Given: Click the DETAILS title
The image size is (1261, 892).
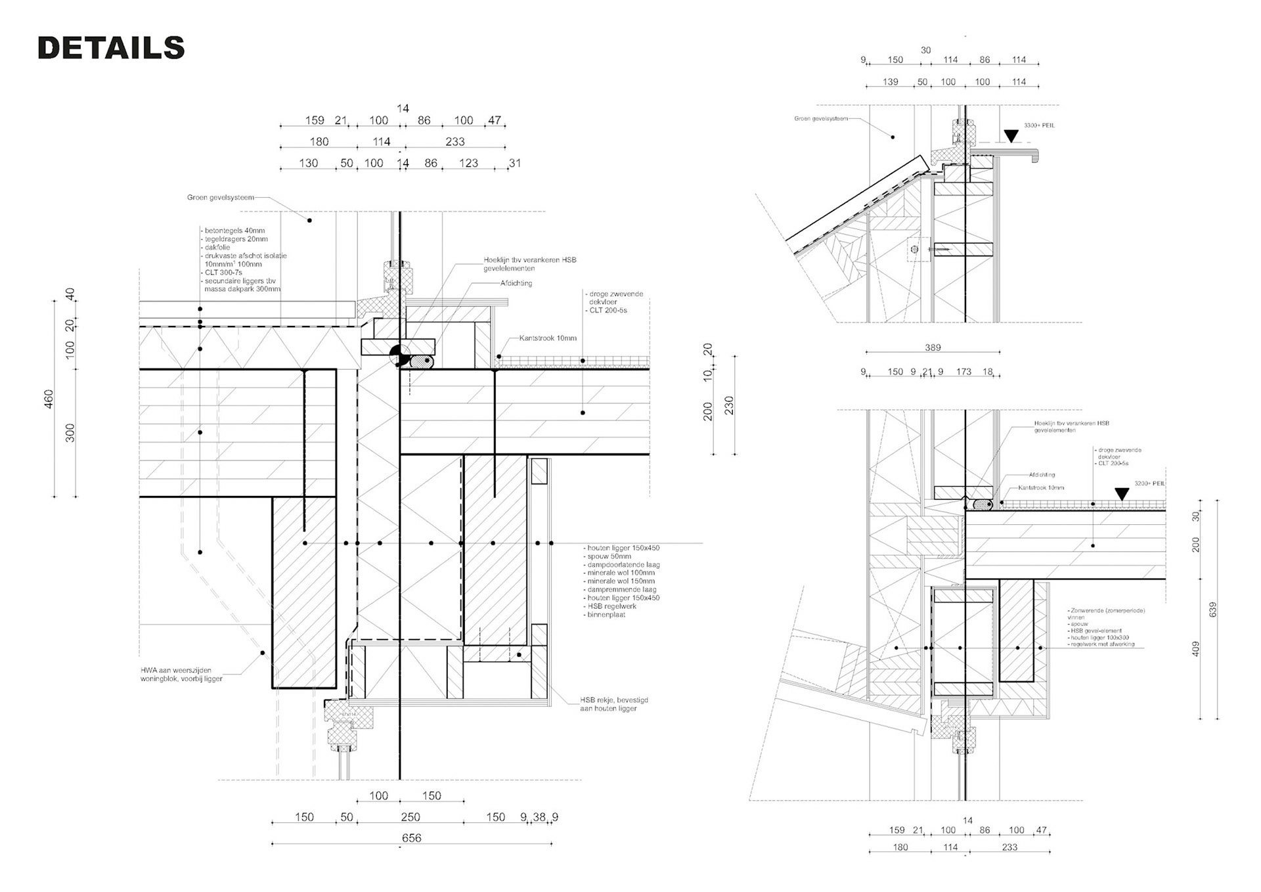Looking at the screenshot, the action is [111, 48].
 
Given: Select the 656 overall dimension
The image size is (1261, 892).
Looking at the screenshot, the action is [411, 837].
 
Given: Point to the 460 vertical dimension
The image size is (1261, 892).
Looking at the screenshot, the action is [49, 399].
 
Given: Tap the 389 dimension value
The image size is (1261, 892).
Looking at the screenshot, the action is [933, 347].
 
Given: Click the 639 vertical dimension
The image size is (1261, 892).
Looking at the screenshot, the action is [1213, 609].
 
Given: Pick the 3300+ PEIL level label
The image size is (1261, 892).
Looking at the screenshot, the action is [1039, 125].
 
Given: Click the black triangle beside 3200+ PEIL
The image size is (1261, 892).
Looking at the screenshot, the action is [1122, 494].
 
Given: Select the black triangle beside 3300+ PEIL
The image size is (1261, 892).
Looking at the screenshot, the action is [1011, 136].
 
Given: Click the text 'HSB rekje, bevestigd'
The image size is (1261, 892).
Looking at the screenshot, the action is [613, 700].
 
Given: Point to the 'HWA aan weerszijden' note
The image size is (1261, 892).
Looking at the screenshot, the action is [176, 670].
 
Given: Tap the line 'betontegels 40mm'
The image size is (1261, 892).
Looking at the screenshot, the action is [234, 231].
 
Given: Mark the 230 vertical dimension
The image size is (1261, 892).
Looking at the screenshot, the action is [729, 405].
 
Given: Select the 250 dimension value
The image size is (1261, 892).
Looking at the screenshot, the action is [410, 816].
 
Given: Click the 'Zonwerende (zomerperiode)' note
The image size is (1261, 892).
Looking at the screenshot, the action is [1107, 610].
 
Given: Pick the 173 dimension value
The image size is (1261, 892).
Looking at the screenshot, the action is [963, 372].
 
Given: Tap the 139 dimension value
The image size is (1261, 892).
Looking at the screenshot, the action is [891, 82].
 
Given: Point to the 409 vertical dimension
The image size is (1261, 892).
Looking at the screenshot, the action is [1196, 648].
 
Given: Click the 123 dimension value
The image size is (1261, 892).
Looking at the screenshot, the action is [468, 163].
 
